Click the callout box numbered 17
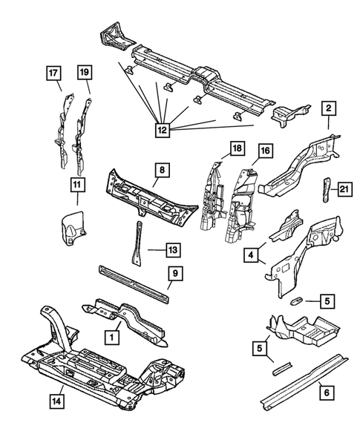point(53,73)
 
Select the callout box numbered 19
point(85,73)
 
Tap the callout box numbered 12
point(163,130)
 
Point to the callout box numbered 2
point(329,108)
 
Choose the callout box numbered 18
point(238,148)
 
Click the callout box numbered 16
point(265,151)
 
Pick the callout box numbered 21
point(345,189)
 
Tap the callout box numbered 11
point(77,184)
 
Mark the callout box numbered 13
point(173,250)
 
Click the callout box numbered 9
point(175,274)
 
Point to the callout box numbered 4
point(251,255)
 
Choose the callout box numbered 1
point(112,338)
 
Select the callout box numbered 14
point(57,401)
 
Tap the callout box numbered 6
point(327,392)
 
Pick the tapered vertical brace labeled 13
point(137,243)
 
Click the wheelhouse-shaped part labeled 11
point(73,224)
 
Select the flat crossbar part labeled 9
point(134,284)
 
